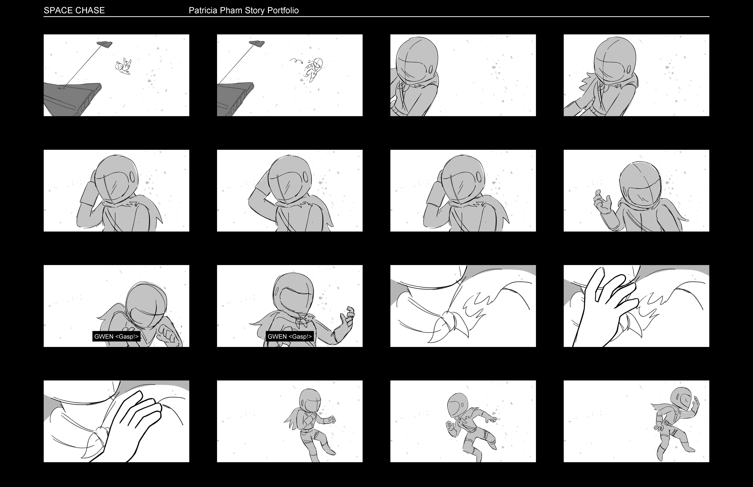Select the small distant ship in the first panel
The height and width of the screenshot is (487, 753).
pos(104,44)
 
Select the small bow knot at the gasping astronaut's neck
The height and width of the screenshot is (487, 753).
pos(302,321)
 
